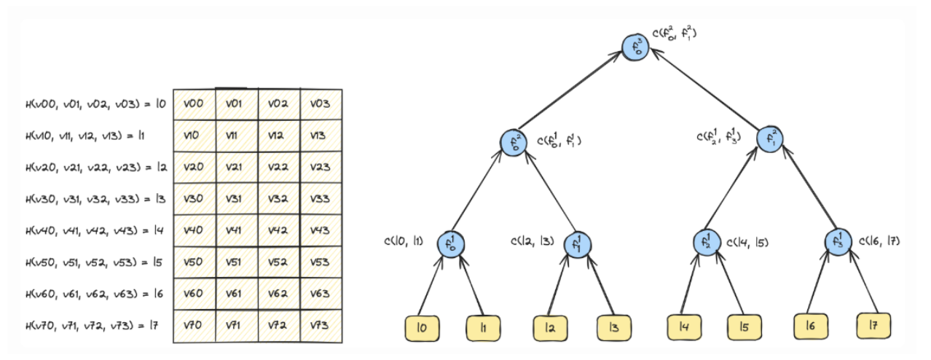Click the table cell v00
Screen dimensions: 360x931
coord(195,104)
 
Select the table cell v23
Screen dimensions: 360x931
coord(321,167)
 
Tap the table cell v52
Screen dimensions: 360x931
coord(279,262)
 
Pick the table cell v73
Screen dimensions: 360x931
coord(321,325)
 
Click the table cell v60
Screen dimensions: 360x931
coord(195,293)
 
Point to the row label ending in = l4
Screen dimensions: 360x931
coord(95,230)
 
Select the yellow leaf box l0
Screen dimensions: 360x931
coord(423,328)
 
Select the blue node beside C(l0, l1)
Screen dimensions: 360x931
coord(449,243)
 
